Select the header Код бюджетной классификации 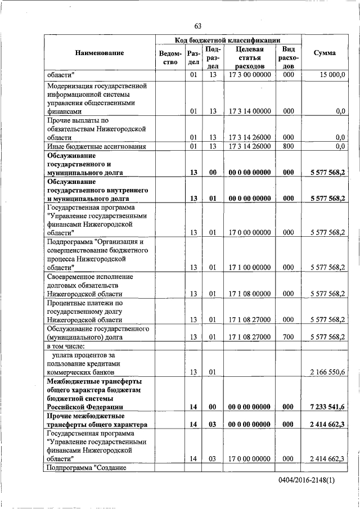[x=228, y=40]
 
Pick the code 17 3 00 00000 [x=250, y=75]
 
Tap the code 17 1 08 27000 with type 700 [x=250, y=337]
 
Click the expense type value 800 [x=288, y=146]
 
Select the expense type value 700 [x=288, y=337]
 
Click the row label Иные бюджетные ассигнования [x=97, y=146]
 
